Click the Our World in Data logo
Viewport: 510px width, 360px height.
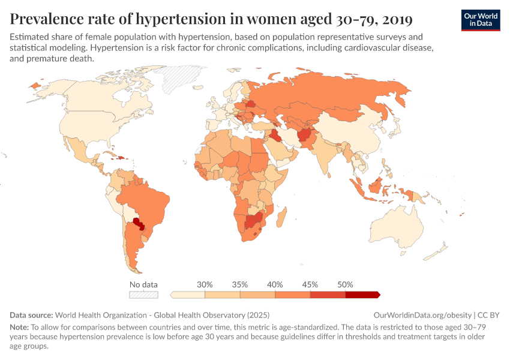tap(481, 19)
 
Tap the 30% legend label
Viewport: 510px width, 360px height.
tap(205, 284)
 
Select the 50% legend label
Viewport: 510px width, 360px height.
tap(345, 284)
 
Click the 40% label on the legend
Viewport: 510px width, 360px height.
tap(275, 284)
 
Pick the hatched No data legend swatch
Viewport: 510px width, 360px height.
tap(143, 295)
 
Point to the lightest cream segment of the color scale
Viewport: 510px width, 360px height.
tap(188, 295)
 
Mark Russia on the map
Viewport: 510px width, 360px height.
tap(336, 96)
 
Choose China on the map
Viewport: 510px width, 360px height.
tap(348, 132)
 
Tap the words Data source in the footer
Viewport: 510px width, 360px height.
tap(31, 314)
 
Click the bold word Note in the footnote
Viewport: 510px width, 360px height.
tap(20, 327)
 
